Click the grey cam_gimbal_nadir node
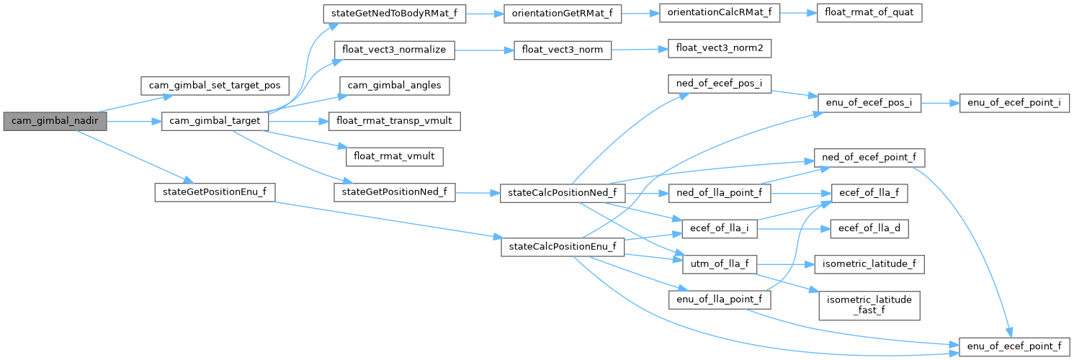click(x=55, y=121)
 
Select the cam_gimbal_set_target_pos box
click(x=215, y=86)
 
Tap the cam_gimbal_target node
click(x=215, y=121)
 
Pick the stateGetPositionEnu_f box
click(x=215, y=192)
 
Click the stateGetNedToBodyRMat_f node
click(x=395, y=14)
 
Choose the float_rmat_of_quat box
click(x=869, y=13)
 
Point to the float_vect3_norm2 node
click(x=720, y=48)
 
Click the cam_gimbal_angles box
click(x=395, y=86)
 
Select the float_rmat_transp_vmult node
click(x=395, y=121)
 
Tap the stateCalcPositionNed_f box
click(x=563, y=193)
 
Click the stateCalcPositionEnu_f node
click(x=563, y=247)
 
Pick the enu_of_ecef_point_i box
click(x=1014, y=103)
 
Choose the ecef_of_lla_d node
click(x=869, y=229)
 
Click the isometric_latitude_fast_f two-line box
click(x=869, y=305)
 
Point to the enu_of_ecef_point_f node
click(x=1014, y=346)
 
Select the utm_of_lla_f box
click(x=720, y=264)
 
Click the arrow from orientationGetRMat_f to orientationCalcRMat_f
click(x=640, y=14)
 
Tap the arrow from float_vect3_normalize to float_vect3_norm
click(x=484, y=50)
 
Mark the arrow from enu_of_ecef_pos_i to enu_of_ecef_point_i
click(x=940, y=103)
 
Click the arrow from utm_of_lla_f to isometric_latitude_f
click(x=786, y=264)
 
